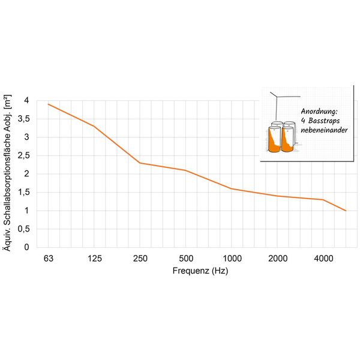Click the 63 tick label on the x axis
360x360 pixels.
49,259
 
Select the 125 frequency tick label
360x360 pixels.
94,259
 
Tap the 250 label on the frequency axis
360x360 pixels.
140,259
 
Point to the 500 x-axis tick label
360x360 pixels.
185,259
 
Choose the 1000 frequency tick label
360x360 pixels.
232,259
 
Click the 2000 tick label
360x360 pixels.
277,259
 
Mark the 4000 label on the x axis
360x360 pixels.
323,259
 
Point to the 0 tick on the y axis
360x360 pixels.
26,247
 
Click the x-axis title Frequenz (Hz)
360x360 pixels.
200,271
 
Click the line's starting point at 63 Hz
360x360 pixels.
49,104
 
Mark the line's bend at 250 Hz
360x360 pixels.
140,163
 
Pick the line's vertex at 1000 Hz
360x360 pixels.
232,188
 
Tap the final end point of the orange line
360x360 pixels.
346,211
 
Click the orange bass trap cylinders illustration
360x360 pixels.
281,138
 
